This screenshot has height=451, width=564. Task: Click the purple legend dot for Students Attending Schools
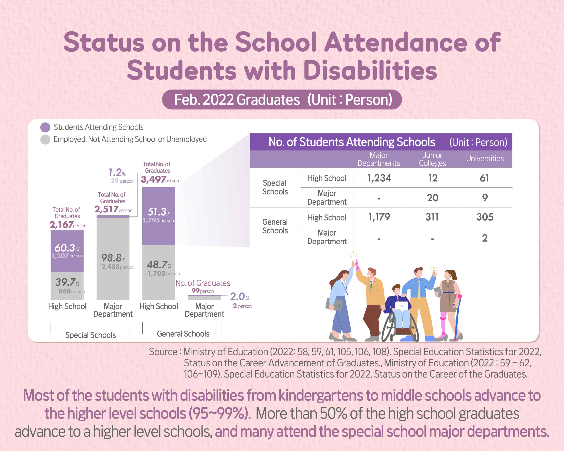pyautogui.click(x=45, y=127)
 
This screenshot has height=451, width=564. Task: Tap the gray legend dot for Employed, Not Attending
pyautogui.click(x=45, y=139)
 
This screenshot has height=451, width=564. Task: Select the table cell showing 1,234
pyautogui.click(x=379, y=178)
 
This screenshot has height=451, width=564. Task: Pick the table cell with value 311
pyautogui.click(x=432, y=217)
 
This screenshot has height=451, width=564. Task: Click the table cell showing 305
pyautogui.click(x=485, y=217)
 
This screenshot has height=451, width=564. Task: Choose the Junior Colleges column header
pyautogui.click(x=432, y=159)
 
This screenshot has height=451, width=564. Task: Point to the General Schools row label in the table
pyautogui.click(x=275, y=226)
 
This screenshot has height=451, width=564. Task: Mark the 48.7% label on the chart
pyautogui.click(x=159, y=265)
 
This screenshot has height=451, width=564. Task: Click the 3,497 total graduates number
pyautogui.click(x=153, y=179)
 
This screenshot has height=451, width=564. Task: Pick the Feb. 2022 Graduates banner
pyautogui.click(x=282, y=100)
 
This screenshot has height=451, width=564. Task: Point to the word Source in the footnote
pyautogui.click(x=163, y=352)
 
